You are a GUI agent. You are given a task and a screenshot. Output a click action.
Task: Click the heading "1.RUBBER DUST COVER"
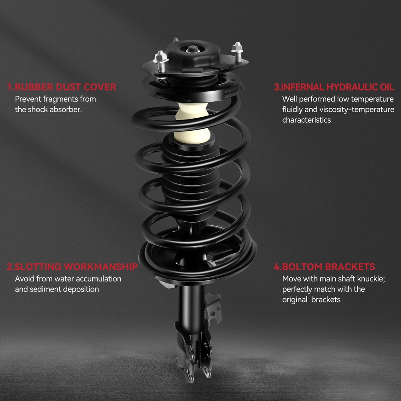pyautogui.click(x=62, y=87)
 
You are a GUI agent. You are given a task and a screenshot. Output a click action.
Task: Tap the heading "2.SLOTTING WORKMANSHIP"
pyautogui.click(x=72, y=267)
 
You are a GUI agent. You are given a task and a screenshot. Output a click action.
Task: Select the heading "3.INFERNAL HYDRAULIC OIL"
pyautogui.click(x=334, y=87)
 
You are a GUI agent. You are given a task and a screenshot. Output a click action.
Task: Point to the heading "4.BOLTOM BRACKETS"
pyautogui.click(x=324, y=267)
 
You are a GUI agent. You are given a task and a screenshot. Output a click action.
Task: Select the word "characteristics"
pyautogui.click(x=306, y=120)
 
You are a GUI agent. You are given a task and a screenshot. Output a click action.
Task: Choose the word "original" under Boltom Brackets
pyautogui.click(x=295, y=300)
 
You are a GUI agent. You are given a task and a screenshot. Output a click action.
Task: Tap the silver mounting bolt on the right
pyautogui.click(x=237, y=52)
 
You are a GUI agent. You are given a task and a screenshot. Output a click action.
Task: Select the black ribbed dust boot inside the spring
pyautogui.click(x=191, y=179)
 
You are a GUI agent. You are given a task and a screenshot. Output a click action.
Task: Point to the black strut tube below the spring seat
pyautogui.click(x=191, y=307)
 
